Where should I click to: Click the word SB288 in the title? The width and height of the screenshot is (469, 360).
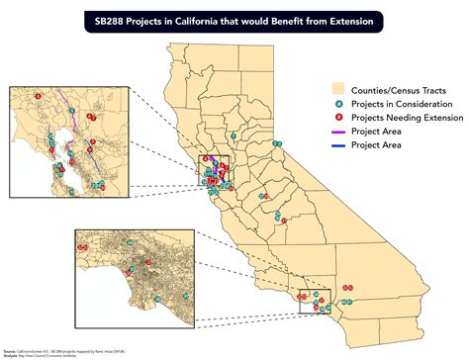pyautogui.click(x=110, y=19)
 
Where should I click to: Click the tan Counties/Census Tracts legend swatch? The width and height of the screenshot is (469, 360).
pyautogui.click(x=341, y=90)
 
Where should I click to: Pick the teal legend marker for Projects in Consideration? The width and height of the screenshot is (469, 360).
pyautogui.click(x=341, y=104)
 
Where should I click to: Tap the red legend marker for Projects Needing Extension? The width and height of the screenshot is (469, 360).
pyautogui.click(x=341, y=118)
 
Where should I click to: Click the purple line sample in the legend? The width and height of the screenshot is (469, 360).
pyautogui.click(x=341, y=132)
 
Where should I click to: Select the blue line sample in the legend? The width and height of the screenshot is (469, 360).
pyautogui.click(x=341, y=145)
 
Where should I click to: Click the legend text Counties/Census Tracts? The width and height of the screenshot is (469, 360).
pyautogui.click(x=398, y=90)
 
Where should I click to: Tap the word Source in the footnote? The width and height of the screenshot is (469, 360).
pyautogui.click(x=8, y=349)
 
